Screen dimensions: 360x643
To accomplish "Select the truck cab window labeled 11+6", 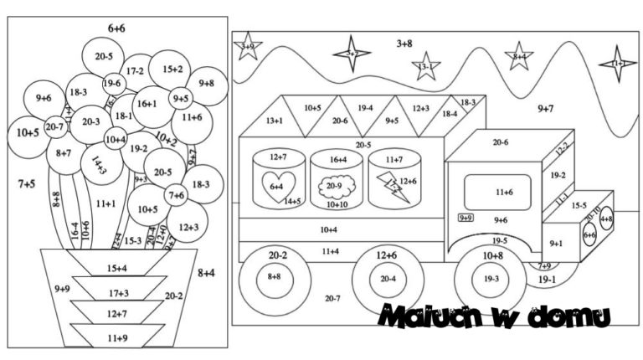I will [502, 192].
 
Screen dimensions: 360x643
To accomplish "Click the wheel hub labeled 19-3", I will [491, 278].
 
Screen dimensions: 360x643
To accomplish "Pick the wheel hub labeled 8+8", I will [274, 275].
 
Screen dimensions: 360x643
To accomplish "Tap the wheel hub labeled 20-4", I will [387, 278].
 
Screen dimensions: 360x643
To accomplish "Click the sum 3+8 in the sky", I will [404, 42].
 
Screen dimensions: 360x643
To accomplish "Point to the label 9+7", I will [545, 108].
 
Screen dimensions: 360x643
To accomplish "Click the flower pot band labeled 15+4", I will [116, 268].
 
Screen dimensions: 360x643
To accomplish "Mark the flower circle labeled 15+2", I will [172, 69].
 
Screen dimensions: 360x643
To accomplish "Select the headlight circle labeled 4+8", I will [605, 219].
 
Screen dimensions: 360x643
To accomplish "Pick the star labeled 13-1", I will [426, 65].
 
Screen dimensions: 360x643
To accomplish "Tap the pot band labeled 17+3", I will [116, 292].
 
